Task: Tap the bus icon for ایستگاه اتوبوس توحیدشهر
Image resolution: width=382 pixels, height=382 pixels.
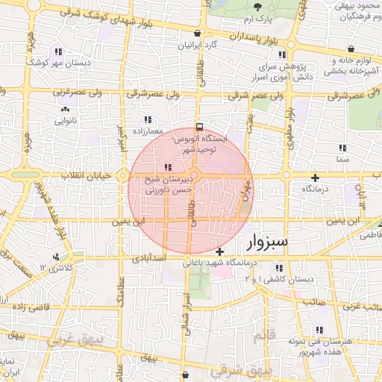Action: pos(198,127)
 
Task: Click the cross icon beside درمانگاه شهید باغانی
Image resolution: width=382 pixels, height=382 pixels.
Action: pos(219,252)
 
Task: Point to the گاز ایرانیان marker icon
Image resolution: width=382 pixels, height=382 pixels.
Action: pos(196,34)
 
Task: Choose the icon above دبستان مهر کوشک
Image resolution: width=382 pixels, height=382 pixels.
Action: pos(57,51)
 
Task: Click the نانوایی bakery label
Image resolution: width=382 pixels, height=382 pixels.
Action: pos(65,119)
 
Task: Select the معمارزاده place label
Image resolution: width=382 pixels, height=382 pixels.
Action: pos(147,130)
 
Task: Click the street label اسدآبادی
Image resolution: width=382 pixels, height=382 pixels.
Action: pos(145,259)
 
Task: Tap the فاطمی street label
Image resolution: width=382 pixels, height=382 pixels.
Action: pos(370,235)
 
